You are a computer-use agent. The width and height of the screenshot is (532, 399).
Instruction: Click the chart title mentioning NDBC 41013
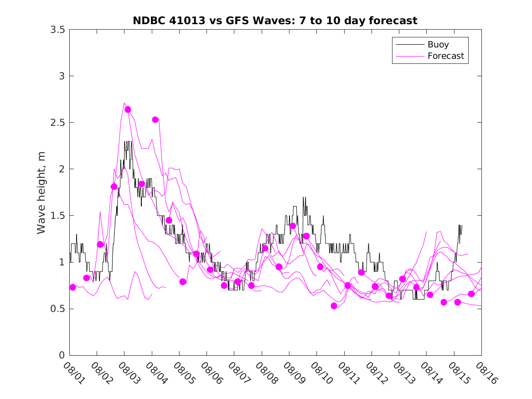(275, 21)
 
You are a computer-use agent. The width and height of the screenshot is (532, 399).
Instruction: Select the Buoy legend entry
(438, 45)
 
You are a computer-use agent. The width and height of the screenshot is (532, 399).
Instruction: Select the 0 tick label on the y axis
(60, 355)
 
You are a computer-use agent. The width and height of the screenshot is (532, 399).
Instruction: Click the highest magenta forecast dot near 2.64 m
(128, 109)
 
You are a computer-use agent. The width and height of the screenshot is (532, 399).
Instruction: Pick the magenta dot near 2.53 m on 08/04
(155, 119)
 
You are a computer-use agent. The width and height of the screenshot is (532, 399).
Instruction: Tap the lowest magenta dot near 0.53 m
(334, 306)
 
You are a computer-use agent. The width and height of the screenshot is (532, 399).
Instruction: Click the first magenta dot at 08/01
(72, 287)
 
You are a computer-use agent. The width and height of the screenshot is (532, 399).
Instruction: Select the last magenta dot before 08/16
(471, 294)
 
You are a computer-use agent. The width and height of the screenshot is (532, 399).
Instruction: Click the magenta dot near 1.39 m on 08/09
(293, 226)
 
